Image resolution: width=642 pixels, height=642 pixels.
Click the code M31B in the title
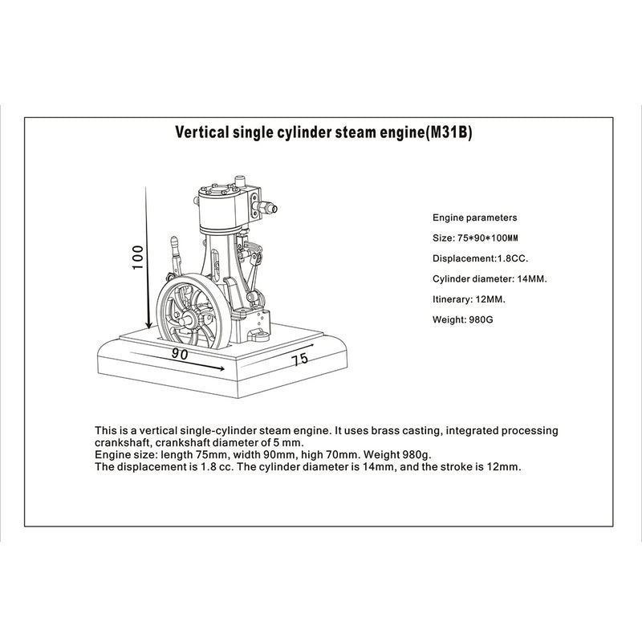[447, 133]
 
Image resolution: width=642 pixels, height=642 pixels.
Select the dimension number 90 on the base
[179, 353]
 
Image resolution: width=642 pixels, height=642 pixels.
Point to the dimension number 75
[300, 359]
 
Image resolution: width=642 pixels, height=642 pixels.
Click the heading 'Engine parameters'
[475, 217]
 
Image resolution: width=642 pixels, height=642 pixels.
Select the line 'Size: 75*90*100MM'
[476, 238]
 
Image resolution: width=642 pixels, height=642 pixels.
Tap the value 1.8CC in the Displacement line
[511, 258]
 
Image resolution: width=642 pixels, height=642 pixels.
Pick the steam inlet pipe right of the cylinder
[267, 208]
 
